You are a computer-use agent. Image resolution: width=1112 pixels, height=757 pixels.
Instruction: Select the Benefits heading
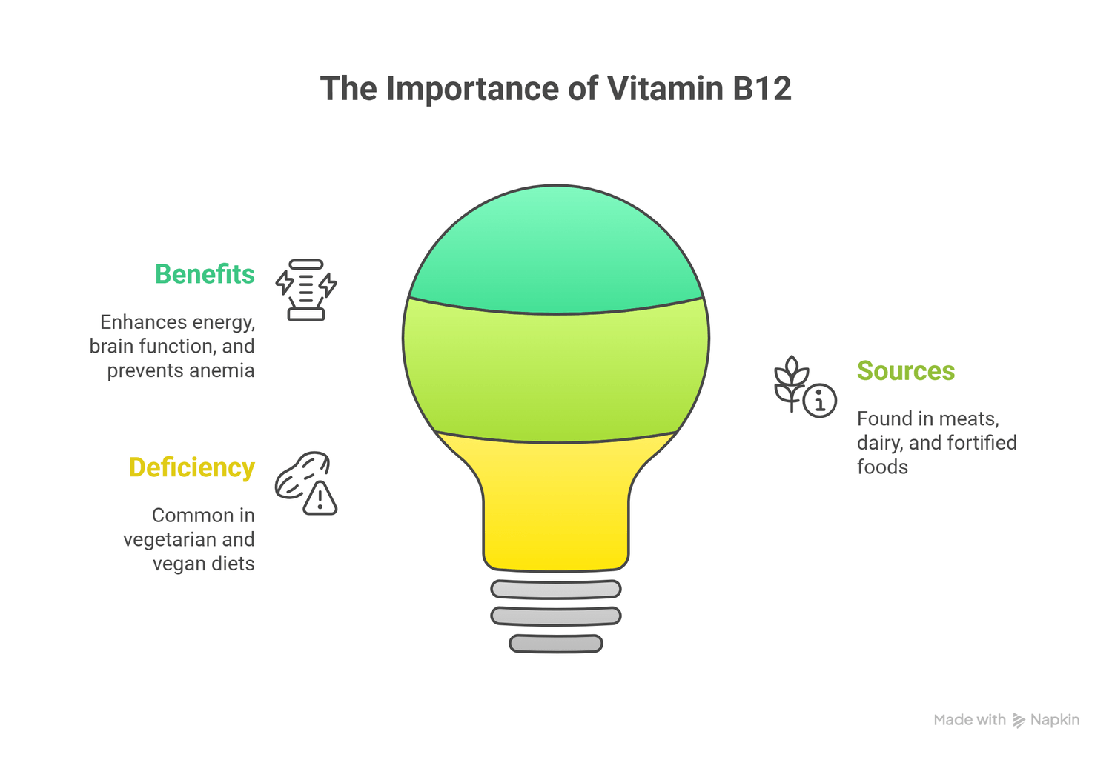205,275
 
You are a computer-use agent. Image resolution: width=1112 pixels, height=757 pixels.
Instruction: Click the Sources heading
905,371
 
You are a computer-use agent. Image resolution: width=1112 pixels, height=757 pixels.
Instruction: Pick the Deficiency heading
191,468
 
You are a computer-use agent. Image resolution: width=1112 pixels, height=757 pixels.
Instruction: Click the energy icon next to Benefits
306,290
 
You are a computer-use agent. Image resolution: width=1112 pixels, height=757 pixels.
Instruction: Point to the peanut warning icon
306,483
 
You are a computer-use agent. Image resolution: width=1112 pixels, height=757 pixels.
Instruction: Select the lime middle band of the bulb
556,374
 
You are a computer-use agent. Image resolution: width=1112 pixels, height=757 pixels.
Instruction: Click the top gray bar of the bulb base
556,589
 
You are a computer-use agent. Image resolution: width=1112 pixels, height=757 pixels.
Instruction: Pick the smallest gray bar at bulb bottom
556,644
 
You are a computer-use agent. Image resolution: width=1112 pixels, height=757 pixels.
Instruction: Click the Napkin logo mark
1019,721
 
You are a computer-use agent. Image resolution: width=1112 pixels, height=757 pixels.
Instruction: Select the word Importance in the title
472,89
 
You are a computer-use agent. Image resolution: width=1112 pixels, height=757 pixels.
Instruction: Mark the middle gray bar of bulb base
556,616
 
